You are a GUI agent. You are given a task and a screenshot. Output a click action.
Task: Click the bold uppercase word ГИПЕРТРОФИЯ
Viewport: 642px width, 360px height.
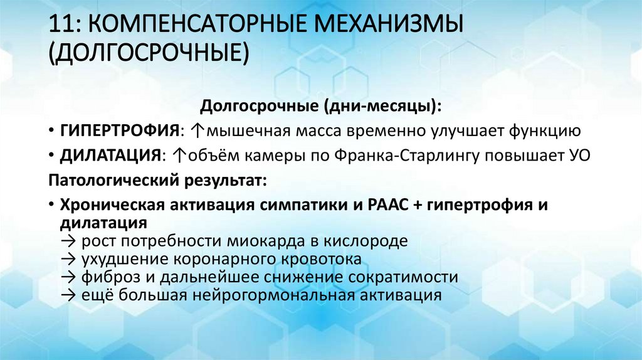[x=119, y=131]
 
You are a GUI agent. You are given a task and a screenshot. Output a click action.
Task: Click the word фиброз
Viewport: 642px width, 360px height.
[x=107, y=277]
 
